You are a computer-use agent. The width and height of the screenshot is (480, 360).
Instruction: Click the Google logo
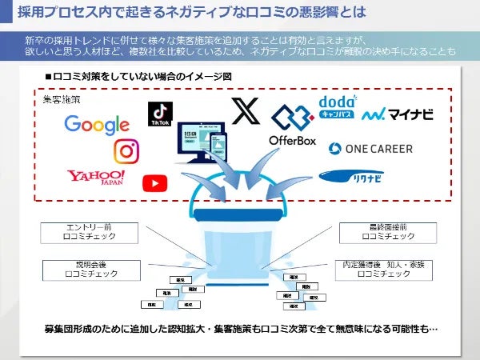tap(96, 125)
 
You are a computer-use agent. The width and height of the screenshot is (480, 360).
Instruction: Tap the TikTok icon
tap(159, 115)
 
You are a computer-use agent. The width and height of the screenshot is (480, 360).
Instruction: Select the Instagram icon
tap(126, 150)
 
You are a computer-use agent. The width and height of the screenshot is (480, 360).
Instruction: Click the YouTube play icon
tap(152, 183)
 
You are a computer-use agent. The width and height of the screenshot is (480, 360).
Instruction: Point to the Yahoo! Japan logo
tap(95, 177)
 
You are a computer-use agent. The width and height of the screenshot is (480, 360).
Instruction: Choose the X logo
tap(242, 111)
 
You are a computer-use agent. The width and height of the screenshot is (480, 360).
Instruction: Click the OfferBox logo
tap(293, 127)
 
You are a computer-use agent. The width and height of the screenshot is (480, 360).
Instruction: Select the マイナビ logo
tap(398, 114)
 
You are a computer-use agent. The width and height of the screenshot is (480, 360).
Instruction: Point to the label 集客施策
tap(61, 101)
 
